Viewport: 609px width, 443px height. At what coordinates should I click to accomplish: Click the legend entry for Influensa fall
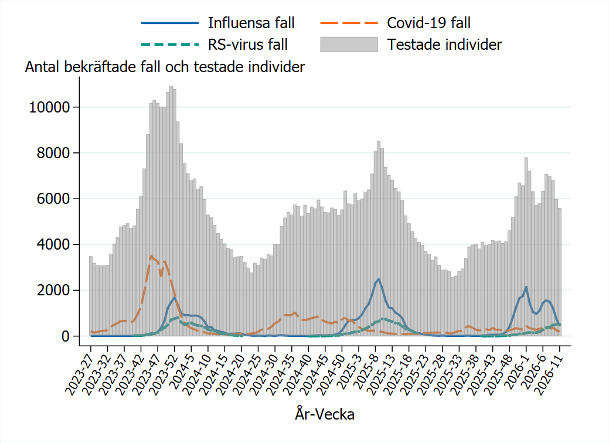pos(250,23)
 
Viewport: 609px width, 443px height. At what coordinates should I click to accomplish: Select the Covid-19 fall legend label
pos(428,23)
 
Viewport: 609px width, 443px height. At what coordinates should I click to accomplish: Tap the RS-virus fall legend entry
pos(248,45)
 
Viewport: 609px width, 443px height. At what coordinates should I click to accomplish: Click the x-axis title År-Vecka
pos(324,415)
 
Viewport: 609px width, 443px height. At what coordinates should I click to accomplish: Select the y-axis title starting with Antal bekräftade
pos(165,67)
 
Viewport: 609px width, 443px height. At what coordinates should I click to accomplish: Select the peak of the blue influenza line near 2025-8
pos(379,280)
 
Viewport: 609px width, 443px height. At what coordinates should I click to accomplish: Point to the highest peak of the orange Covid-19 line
pos(151,256)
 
